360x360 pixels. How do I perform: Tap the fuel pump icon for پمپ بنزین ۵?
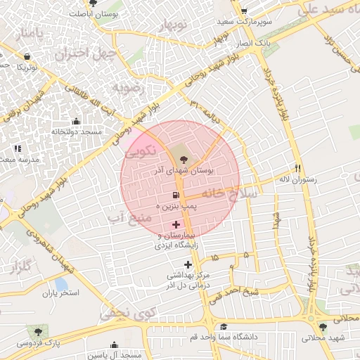click(174, 194)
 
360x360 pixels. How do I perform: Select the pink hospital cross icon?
click(175, 224)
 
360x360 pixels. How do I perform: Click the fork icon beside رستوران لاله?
click(298, 169)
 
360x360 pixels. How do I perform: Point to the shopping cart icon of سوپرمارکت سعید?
click(243, 11)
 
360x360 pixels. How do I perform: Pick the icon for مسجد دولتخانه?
click(76, 121)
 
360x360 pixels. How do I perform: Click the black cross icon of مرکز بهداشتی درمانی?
click(188, 264)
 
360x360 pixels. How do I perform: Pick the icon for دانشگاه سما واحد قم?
click(223, 326)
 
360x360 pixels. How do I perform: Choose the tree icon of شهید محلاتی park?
click(323, 327)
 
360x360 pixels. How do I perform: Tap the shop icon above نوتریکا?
click(27, 56)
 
